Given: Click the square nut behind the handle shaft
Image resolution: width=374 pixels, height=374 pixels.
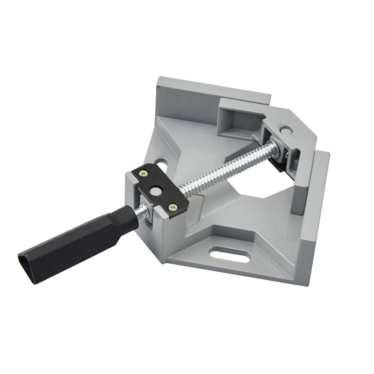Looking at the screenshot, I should pyautogui.click(x=146, y=213).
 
